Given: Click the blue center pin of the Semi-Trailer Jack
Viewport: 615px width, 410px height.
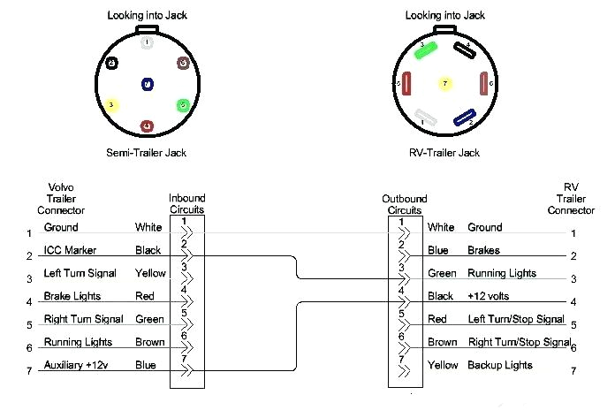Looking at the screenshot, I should tap(147, 85).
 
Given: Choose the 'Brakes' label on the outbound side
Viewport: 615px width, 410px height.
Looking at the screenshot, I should tap(484, 250).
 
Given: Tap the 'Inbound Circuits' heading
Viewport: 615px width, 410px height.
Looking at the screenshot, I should tap(186, 204).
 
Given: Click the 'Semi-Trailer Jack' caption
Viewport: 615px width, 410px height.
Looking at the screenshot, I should tap(147, 153).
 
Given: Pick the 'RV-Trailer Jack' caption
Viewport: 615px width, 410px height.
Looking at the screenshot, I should tap(445, 153).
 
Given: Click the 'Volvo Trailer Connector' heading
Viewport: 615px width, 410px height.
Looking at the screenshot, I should tap(61, 199).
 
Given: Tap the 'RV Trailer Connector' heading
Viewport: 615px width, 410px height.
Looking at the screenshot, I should tap(571, 199).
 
